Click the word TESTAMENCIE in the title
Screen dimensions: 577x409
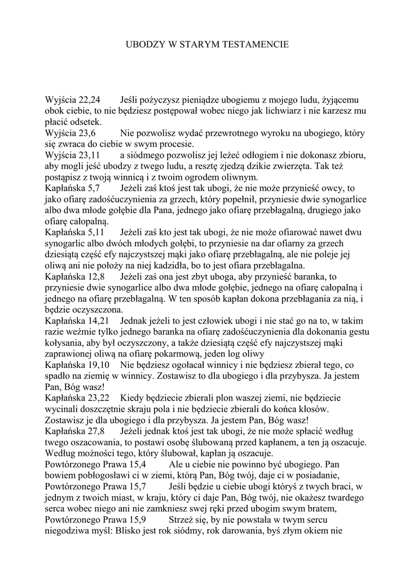pos(257,43)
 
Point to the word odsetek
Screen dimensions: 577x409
pos(85,122)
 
